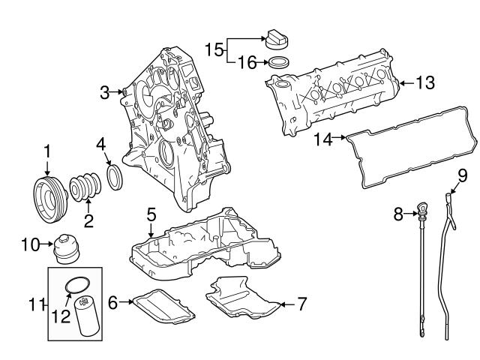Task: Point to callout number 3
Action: click(x=105, y=92)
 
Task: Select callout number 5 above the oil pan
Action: click(x=151, y=215)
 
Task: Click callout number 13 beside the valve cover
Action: click(x=424, y=83)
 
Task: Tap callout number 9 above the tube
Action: click(x=463, y=176)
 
